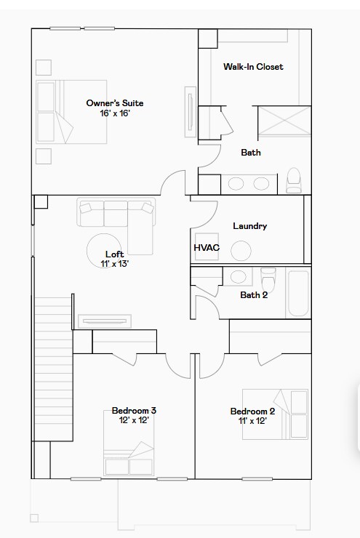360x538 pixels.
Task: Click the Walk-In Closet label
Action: pyautogui.click(x=252, y=67)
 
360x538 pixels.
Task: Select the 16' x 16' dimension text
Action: pyautogui.click(x=114, y=113)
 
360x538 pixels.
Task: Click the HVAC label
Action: pyautogui.click(x=207, y=248)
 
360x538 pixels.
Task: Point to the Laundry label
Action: pyautogui.click(x=249, y=226)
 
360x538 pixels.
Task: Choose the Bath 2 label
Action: pyautogui.click(x=254, y=294)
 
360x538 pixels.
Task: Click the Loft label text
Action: pyautogui.click(x=114, y=254)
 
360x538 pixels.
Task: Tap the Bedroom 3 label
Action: pyautogui.click(x=134, y=411)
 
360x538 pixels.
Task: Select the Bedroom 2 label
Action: pyautogui.click(x=252, y=411)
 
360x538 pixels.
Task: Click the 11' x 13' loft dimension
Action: pyautogui.click(x=114, y=264)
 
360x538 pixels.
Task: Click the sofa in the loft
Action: pyautogui.click(x=116, y=215)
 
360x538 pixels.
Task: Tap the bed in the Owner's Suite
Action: pyautogui.click(x=55, y=113)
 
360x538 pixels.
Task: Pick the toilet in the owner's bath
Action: pyautogui.click(x=294, y=180)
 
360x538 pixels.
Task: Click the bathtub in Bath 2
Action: pyautogui.click(x=298, y=293)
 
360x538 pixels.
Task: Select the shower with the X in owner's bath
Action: pyautogui.click(x=285, y=121)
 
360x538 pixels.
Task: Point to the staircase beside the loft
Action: pyautogui.click(x=53, y=371)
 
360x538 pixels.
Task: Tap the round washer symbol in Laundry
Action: pyautogui.click(x=241, y=251)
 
